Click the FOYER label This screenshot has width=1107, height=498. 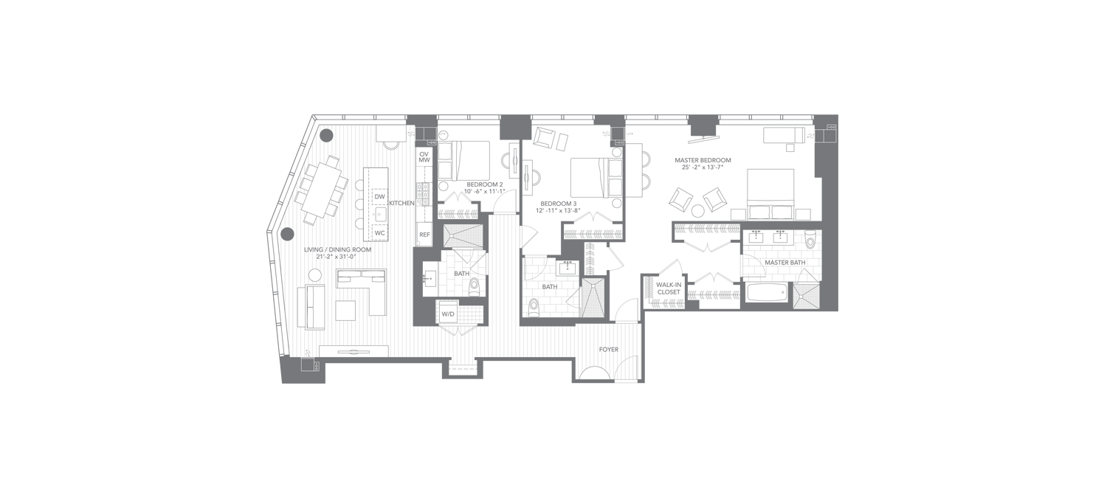coord(608,349)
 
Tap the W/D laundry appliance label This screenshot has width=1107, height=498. coord(448,314)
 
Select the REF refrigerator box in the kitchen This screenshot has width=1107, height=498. coord(424,235)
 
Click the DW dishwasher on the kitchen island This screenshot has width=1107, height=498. coord(379,197)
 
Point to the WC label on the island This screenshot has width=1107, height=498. coord(379,233)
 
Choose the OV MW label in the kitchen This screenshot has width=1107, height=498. coord(424,157)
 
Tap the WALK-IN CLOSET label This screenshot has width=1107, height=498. coord(669,288)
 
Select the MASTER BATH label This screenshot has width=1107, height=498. coord(784,263)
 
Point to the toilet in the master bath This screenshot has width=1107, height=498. coord(810,240)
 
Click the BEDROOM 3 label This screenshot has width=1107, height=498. coord(559,204)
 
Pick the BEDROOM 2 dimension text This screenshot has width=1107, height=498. coord(484,191)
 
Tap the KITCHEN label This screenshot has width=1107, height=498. coord(401,203)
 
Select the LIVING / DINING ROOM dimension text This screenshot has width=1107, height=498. coord(336,257)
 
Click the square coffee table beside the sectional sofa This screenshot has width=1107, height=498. coord(345,311)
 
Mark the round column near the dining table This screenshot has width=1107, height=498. coord(327,135)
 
